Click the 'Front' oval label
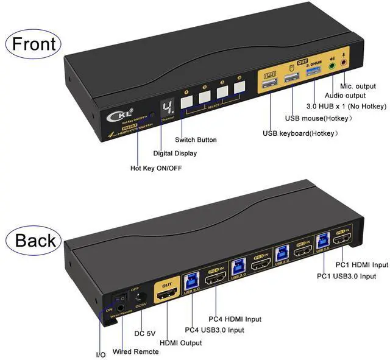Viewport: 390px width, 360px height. click(x=34, y=44)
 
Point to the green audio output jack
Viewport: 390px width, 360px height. click(x=332, y=63)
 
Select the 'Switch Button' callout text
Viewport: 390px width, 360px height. click(x=196, y=139)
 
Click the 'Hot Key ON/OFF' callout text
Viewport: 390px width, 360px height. click(x=156, y=168)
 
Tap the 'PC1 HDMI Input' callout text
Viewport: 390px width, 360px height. click(x=361, y=265)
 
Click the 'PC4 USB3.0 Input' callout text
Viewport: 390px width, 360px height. click(x=214, y=330)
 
